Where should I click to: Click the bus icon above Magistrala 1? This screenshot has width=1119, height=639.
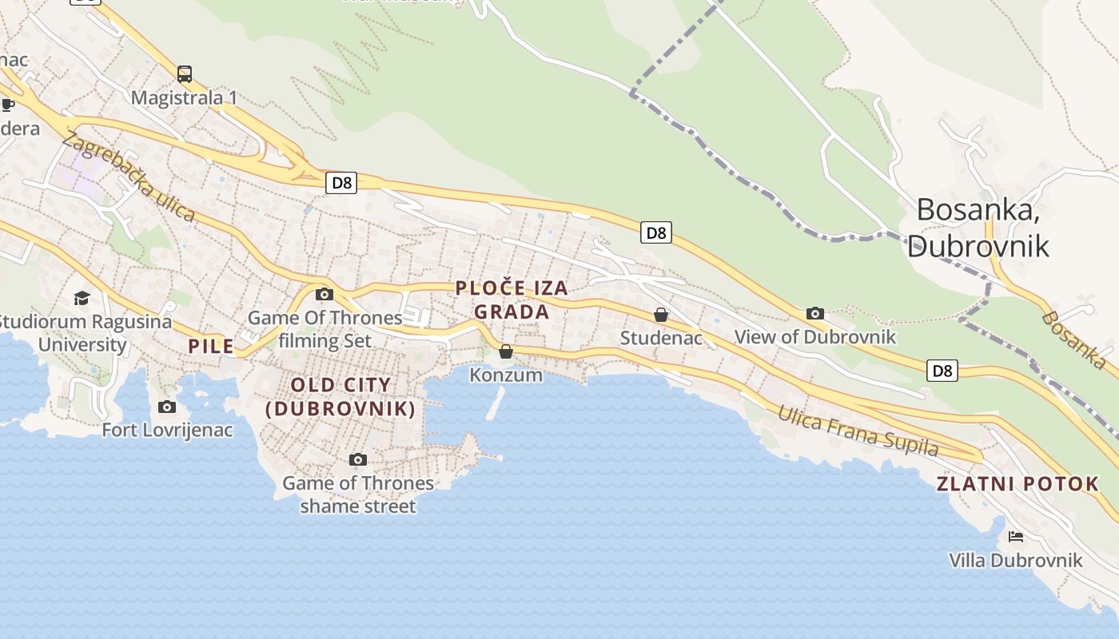185,74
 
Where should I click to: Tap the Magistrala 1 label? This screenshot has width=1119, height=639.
184,97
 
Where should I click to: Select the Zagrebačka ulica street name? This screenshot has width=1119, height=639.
128,176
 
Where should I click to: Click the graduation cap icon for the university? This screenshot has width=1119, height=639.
82,298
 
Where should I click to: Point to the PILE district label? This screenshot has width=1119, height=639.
211,346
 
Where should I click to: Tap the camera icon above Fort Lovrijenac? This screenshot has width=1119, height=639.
167,407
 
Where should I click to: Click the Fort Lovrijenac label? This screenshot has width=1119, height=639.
167,430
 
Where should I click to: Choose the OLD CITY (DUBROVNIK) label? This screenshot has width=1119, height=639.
340,396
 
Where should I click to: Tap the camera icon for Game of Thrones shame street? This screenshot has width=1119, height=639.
358,459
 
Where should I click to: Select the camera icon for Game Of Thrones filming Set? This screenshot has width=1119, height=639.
324,294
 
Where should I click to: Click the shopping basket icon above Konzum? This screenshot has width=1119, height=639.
506,351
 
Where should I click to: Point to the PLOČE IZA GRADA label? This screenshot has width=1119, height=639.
512,300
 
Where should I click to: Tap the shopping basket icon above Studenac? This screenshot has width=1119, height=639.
661,315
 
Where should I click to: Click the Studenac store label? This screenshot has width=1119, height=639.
661,338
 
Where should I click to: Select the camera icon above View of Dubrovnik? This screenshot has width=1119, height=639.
815,313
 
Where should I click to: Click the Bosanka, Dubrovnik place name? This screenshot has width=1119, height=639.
978,227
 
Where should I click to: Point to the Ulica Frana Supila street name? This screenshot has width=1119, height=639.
858,430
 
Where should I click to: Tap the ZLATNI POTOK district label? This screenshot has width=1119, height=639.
1017,483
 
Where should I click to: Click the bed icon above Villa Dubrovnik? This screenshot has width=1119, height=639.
1016,536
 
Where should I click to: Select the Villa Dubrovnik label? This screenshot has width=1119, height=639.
1016,560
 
